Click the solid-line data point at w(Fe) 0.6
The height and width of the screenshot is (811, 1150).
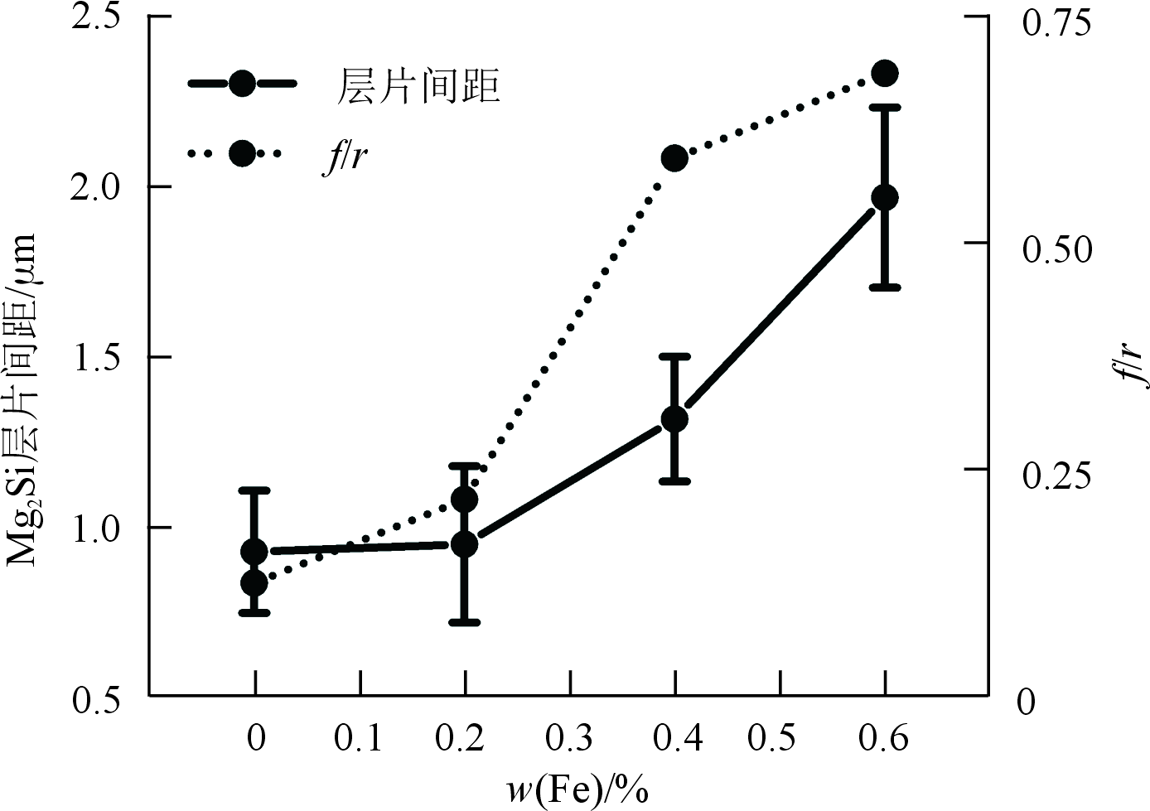coord(885,197)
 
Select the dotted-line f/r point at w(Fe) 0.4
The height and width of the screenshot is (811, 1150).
coord(674,158)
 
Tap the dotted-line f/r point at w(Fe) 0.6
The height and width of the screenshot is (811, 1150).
coord(885,74)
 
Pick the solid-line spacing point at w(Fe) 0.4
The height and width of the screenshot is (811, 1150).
coord(675,419)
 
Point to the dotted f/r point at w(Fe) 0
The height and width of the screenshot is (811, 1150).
coord(254,583)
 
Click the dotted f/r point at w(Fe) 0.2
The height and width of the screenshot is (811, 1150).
coord(465,500)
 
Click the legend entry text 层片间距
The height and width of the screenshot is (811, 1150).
coord(418,86)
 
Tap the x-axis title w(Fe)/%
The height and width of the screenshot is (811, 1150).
coord(577,789)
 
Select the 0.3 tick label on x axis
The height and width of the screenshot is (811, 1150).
coord(570,736)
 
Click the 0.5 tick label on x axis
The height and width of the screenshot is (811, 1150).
coord(780,736)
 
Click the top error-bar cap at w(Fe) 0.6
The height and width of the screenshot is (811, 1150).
coord(885,107)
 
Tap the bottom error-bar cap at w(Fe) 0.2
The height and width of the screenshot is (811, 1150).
coord(465,621)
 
